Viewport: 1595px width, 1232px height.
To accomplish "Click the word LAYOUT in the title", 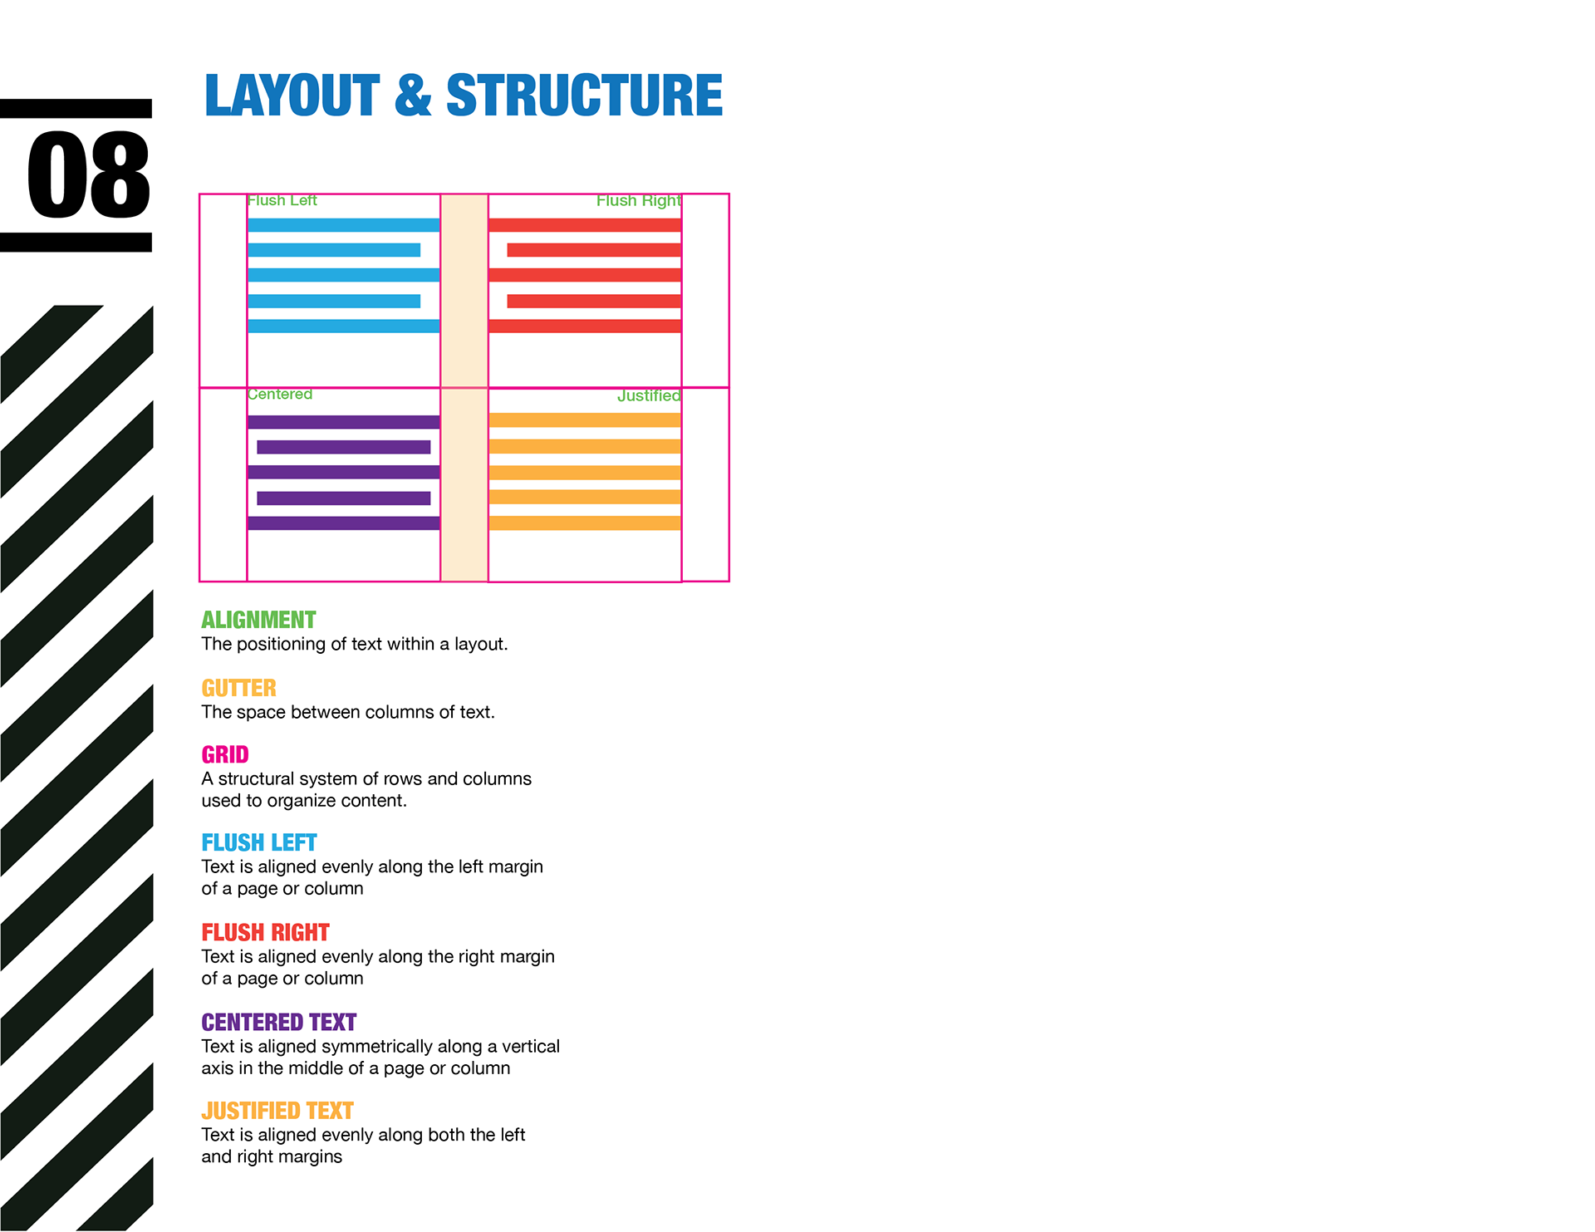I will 292,95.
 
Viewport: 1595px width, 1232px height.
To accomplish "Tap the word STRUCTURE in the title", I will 584,95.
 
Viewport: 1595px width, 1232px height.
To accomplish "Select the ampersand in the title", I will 413,95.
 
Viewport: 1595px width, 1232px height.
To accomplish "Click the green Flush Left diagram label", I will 282,201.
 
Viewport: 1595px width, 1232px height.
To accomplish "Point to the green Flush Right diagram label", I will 638,201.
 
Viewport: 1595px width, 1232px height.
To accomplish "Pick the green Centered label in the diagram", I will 280,395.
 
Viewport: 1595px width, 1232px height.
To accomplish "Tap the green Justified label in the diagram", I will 648,396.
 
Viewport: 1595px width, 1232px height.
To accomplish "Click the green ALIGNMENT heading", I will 258,621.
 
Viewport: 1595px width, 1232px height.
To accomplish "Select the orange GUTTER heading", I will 238,689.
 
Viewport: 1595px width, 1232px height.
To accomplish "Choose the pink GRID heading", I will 225,755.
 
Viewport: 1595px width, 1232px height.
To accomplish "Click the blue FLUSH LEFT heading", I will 258,843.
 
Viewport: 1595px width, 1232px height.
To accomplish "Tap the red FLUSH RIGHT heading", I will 265,933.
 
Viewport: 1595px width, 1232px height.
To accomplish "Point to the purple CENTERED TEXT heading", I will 278,1023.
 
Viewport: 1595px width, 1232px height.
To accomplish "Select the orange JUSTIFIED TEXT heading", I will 277,1112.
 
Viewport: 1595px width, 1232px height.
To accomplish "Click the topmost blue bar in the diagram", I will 343,225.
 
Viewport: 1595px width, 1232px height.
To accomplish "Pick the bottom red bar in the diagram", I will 585,326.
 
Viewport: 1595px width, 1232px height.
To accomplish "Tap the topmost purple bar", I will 343,422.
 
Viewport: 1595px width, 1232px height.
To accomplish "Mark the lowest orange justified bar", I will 585,523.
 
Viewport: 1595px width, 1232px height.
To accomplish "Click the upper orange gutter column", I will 464,291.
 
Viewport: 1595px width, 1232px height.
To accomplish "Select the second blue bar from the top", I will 334,250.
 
